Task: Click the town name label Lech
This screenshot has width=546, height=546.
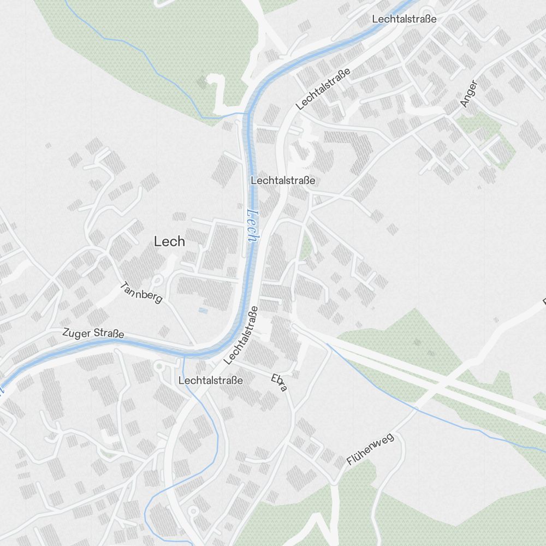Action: (x=169, y=241)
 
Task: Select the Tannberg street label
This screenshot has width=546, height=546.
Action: (x=141, y=292)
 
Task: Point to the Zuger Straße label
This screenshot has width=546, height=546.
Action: (x=93, y=333)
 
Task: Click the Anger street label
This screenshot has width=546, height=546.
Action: (x=468, y=93)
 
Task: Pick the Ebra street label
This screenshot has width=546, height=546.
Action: (x=279, y=382)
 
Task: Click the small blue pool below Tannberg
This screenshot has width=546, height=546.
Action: (x=203, y=311)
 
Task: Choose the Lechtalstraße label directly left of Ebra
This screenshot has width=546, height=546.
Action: (x=210, y=380)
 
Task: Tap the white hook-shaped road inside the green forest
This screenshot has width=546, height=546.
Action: (x=218, y=90)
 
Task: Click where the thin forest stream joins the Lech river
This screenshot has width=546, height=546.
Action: (x=244, y=114)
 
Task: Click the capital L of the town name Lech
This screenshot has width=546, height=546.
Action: (x=157, y=241)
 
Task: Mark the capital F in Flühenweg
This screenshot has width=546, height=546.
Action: (x=349, y=463)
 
